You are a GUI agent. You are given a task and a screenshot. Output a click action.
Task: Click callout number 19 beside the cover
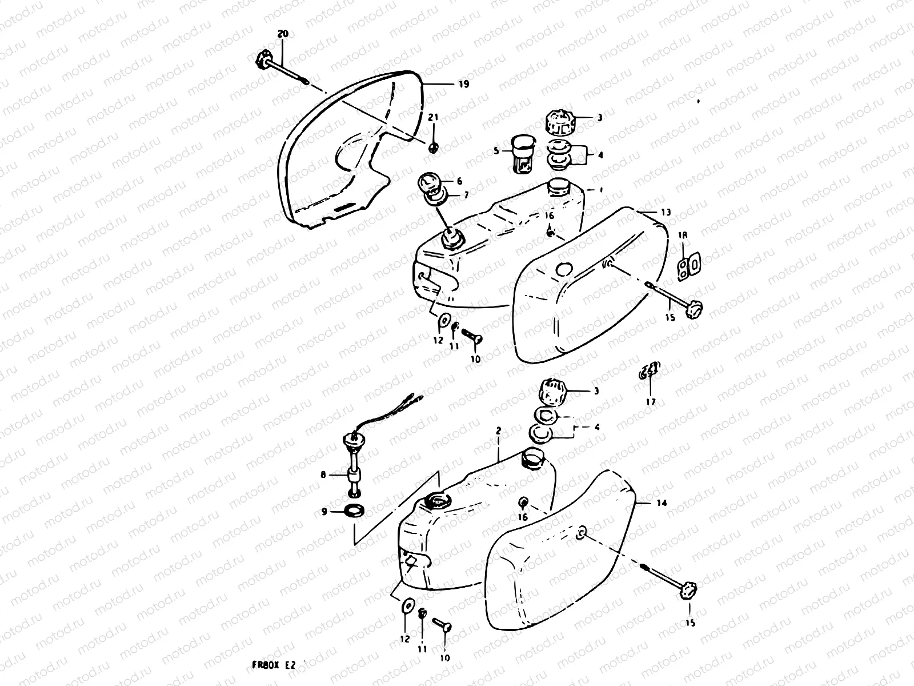[463, 85]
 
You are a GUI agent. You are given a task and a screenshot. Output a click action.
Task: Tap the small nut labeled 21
[434, 147]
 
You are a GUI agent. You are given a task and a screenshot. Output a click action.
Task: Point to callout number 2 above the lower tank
[499, 430]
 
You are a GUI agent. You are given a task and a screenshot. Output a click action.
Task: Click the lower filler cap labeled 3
[552, 393]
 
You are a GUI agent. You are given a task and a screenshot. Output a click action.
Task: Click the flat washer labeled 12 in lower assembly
[408, 605]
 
